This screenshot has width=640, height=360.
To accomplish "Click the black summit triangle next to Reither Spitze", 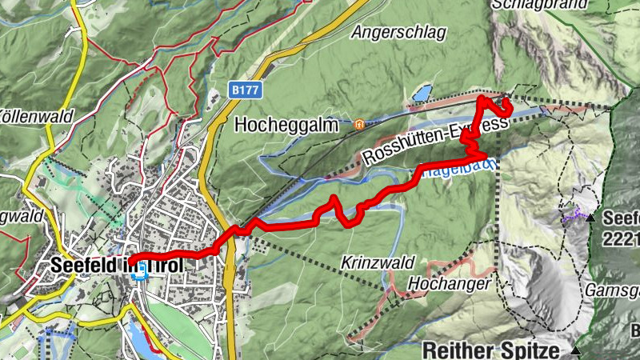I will (x=576, y=350).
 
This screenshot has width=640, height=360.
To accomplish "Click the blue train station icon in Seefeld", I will (x=141, y=273).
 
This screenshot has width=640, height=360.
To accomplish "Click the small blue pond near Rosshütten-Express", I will (x=421, y=94).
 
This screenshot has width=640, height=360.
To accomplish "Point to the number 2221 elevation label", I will (x=621, y=237).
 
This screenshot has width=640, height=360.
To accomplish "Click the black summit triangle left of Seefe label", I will (x=590, y=218).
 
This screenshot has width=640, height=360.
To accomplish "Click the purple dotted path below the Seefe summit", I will (x=572, y=214).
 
